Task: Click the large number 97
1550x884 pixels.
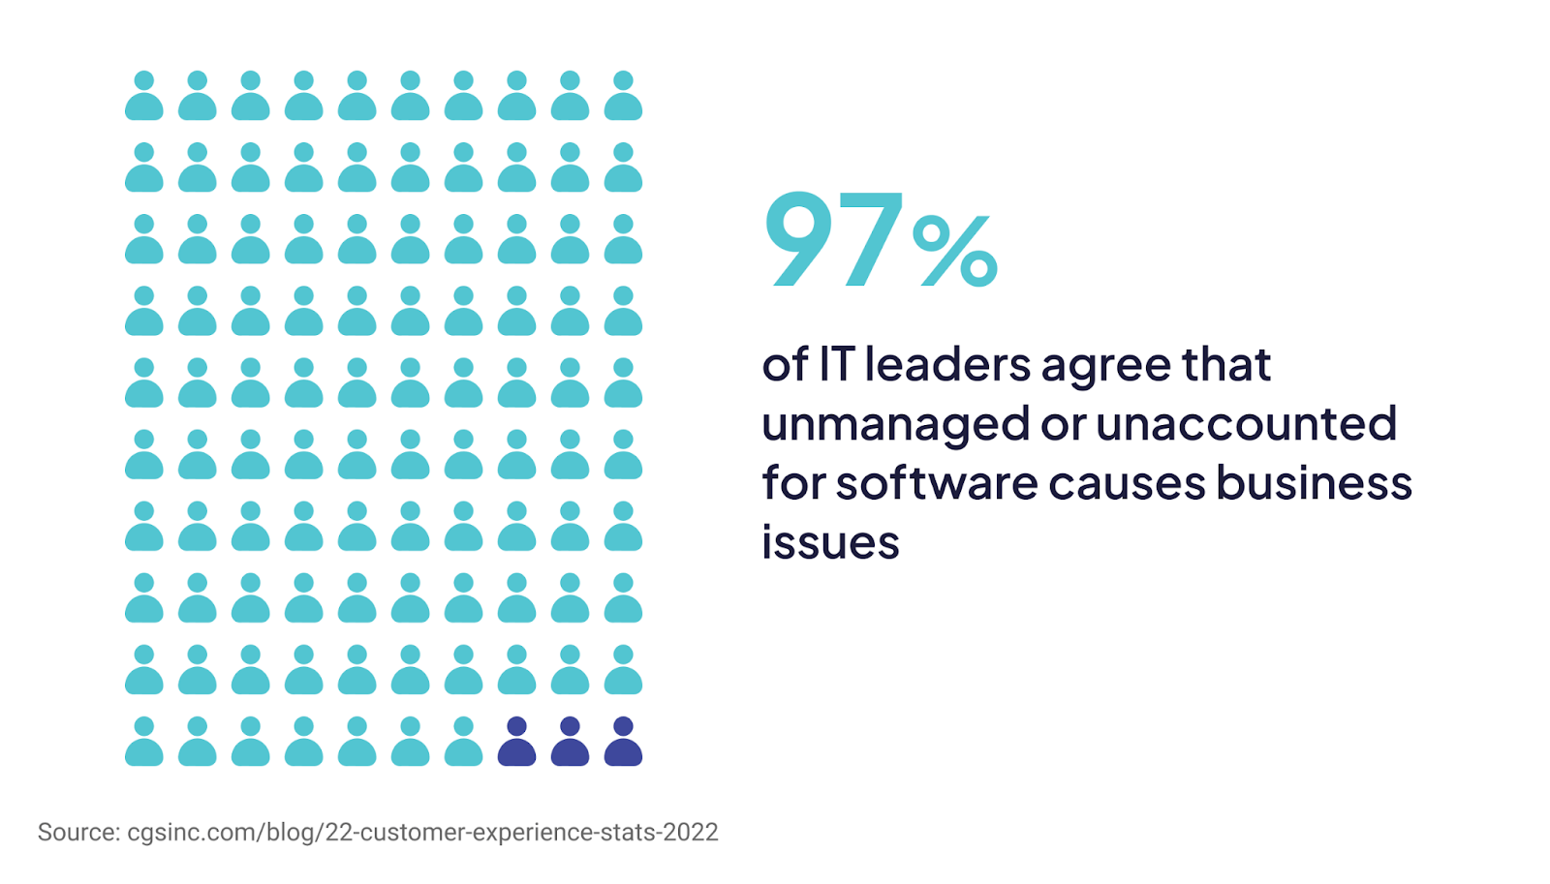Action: pyautogui.click(x=833, y=239)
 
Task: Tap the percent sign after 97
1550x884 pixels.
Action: pyautogui.click(x=954, y=252)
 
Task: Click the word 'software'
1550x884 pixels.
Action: pyautogui.click(x=936, y=482)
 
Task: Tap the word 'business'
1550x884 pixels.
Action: pyautogui.click(x=1314, y=482)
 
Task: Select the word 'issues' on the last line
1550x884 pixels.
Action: pyautogui.click(x=830, y=542)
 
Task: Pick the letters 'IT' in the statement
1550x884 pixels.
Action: pyautogui.click(x=837, y=365)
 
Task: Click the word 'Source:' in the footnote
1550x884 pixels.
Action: pyautogui.click(x=78, y=833)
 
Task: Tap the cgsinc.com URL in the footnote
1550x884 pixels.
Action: pyautogui.click(x=422, y=833)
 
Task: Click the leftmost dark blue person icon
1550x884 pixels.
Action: pyautogui.click(x=516, y=743)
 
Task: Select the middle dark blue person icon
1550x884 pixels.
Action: pyautogui.click(x=570, y=743)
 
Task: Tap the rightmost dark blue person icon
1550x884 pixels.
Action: pyautogui.click(x=623, y=743)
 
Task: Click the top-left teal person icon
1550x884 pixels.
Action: pyautogui.click(x=144, y=96)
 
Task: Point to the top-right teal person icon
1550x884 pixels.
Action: pyautogui.click(x=623, y=96)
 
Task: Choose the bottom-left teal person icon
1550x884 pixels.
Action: pyautogui.click(x=144, y=743)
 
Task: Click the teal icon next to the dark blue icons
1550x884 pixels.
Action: pyautogui.click(x=463, y=743)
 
